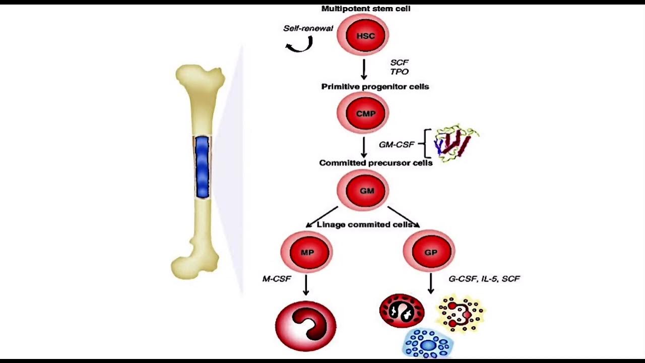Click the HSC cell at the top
tap(363, 35)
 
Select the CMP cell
tap(363, 113)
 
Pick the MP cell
tap(306, 252)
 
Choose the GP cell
tap(429, 252)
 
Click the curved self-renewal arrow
tap(299, 45)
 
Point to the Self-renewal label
tap(308, 28)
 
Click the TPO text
tap(399, 72)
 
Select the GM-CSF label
tap(397, 144)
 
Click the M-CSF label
tap(277, 278)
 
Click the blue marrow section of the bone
tap(202, 166)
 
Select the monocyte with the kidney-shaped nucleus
tap(305, 325)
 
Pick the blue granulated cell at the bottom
tap(428, 344)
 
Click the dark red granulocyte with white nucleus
tap(402, 311)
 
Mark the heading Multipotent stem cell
tap(366, 9)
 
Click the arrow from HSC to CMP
tap(363, 69)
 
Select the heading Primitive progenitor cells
tap(375, 86)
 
